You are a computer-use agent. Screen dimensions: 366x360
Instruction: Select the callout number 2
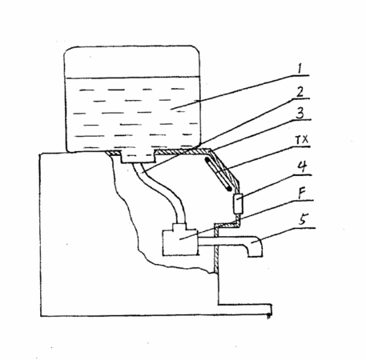pyautogui.click(x=300, y=92)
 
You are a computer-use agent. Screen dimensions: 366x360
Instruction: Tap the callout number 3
pyautogui.click(x=300, y=113)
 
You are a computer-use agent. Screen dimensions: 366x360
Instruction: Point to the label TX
pyautogui.click(x=302, y=139)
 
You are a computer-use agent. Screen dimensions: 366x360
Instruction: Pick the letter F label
pyautogui.click(x=302, y=193)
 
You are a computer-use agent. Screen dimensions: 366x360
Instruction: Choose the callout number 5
pyautogui.click(x=303, y=219)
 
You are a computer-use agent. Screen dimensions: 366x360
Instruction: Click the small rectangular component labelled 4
pyautogui.click(x=238, y=204)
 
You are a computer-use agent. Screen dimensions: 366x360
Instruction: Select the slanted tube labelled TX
pyautogui.click(x=218, y=174)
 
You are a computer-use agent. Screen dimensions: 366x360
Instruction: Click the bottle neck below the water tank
pyautogui.click(x=138, y=157)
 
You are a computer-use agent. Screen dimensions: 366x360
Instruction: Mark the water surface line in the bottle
pyautogui.click(x=132, y=78)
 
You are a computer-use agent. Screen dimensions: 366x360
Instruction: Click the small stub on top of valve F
pyautogui.click(x=179, y=226)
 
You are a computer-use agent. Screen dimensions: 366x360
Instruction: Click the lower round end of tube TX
pyautogui.click(x=229, y=189)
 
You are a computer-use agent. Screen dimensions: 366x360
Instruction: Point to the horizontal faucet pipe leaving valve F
pyautogui.click(x=224, y=241)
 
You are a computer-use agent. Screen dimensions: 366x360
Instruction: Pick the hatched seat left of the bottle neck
pyautogui.click(x=113, y=153)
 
